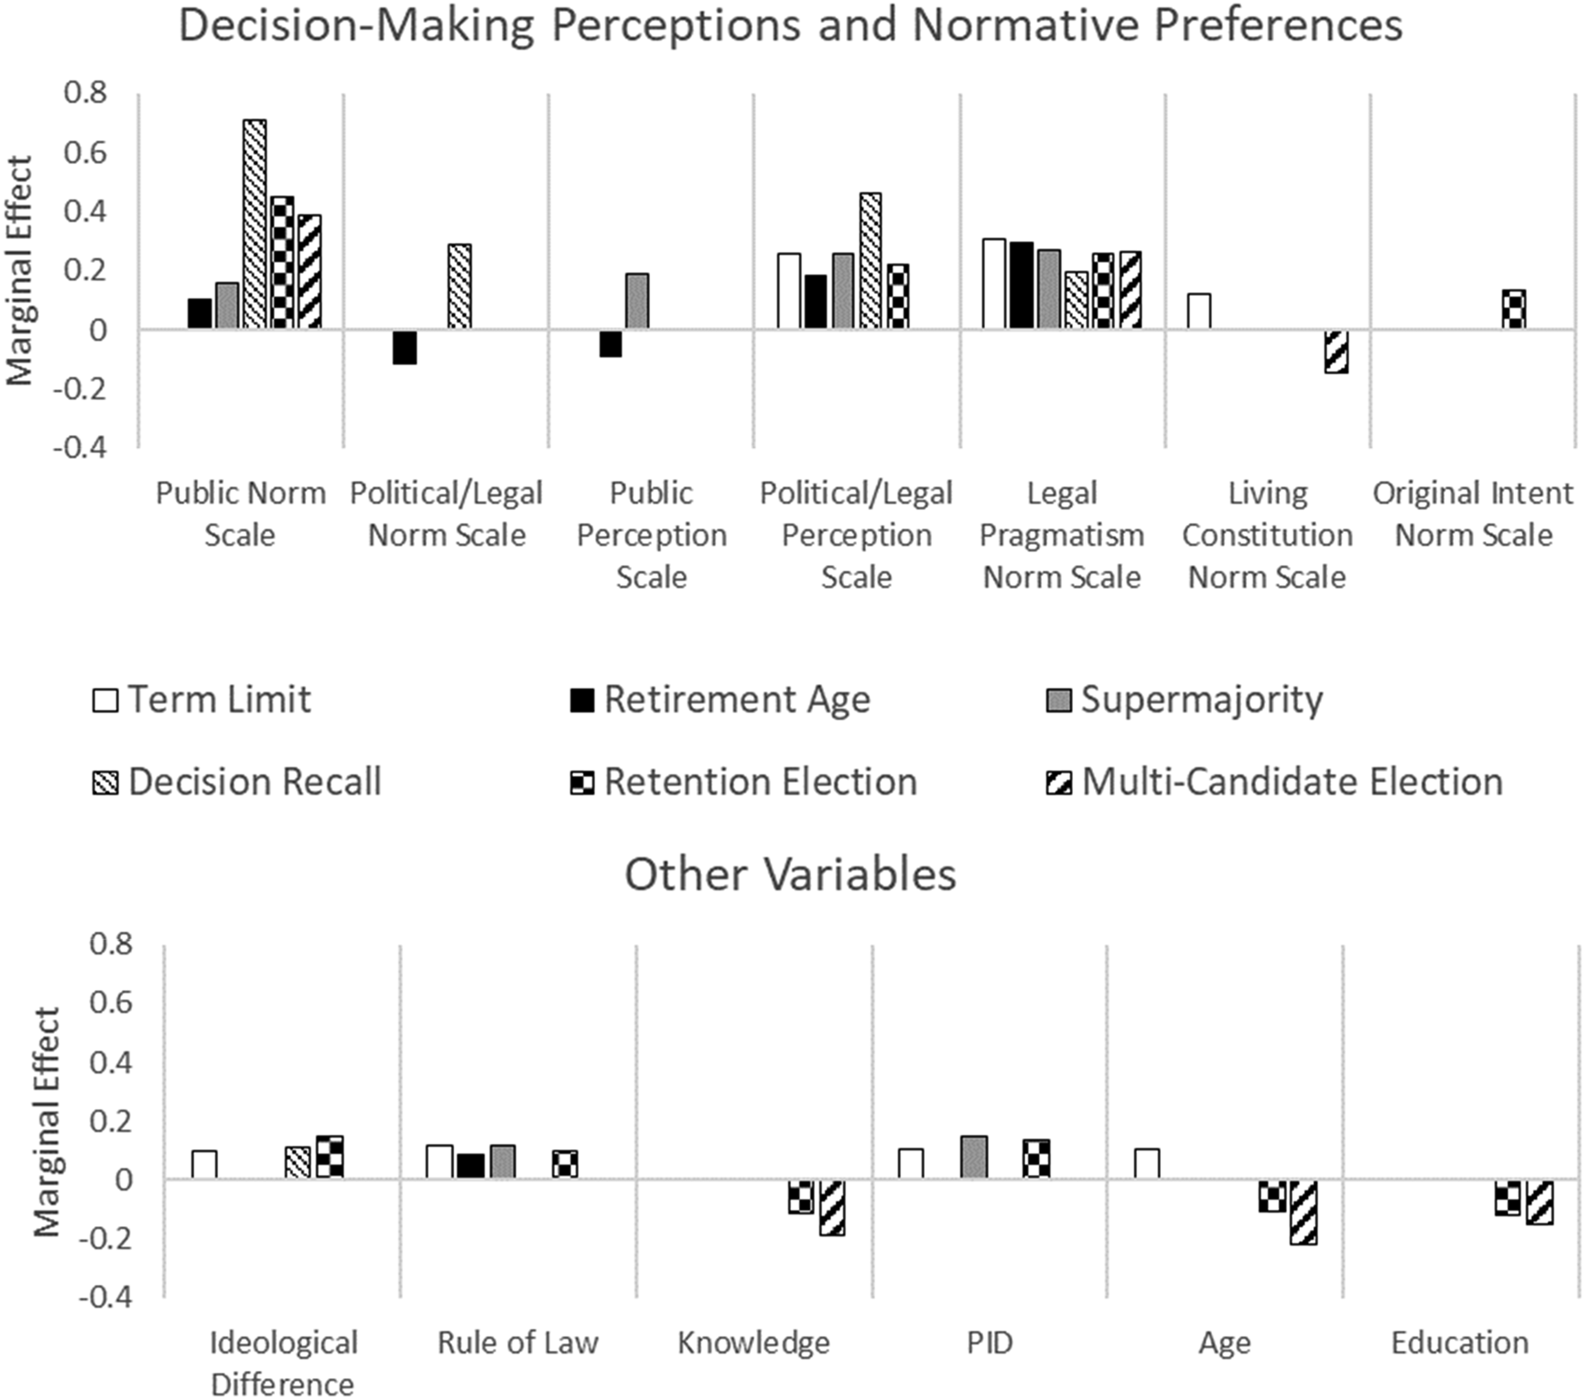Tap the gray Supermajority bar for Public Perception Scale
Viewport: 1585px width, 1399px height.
pos(637,301)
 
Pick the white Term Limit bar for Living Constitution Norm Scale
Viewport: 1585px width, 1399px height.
pos(1199,311)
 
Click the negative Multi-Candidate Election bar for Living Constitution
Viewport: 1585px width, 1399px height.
pos(1335,351)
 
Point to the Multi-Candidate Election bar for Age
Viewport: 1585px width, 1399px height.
pos(1304,1212)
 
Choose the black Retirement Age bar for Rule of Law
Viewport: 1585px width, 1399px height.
pos(470,1166)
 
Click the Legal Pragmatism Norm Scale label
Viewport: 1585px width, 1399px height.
pos(1062,535)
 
